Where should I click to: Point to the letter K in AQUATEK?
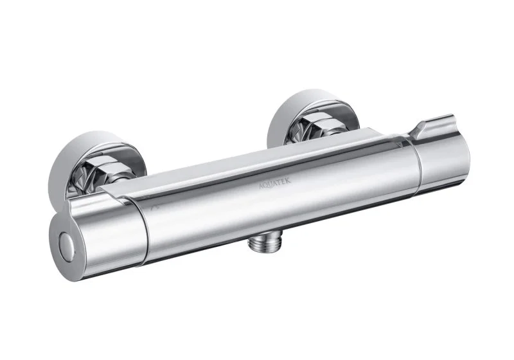288,181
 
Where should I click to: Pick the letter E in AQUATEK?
284,181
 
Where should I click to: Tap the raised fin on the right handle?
434,125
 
